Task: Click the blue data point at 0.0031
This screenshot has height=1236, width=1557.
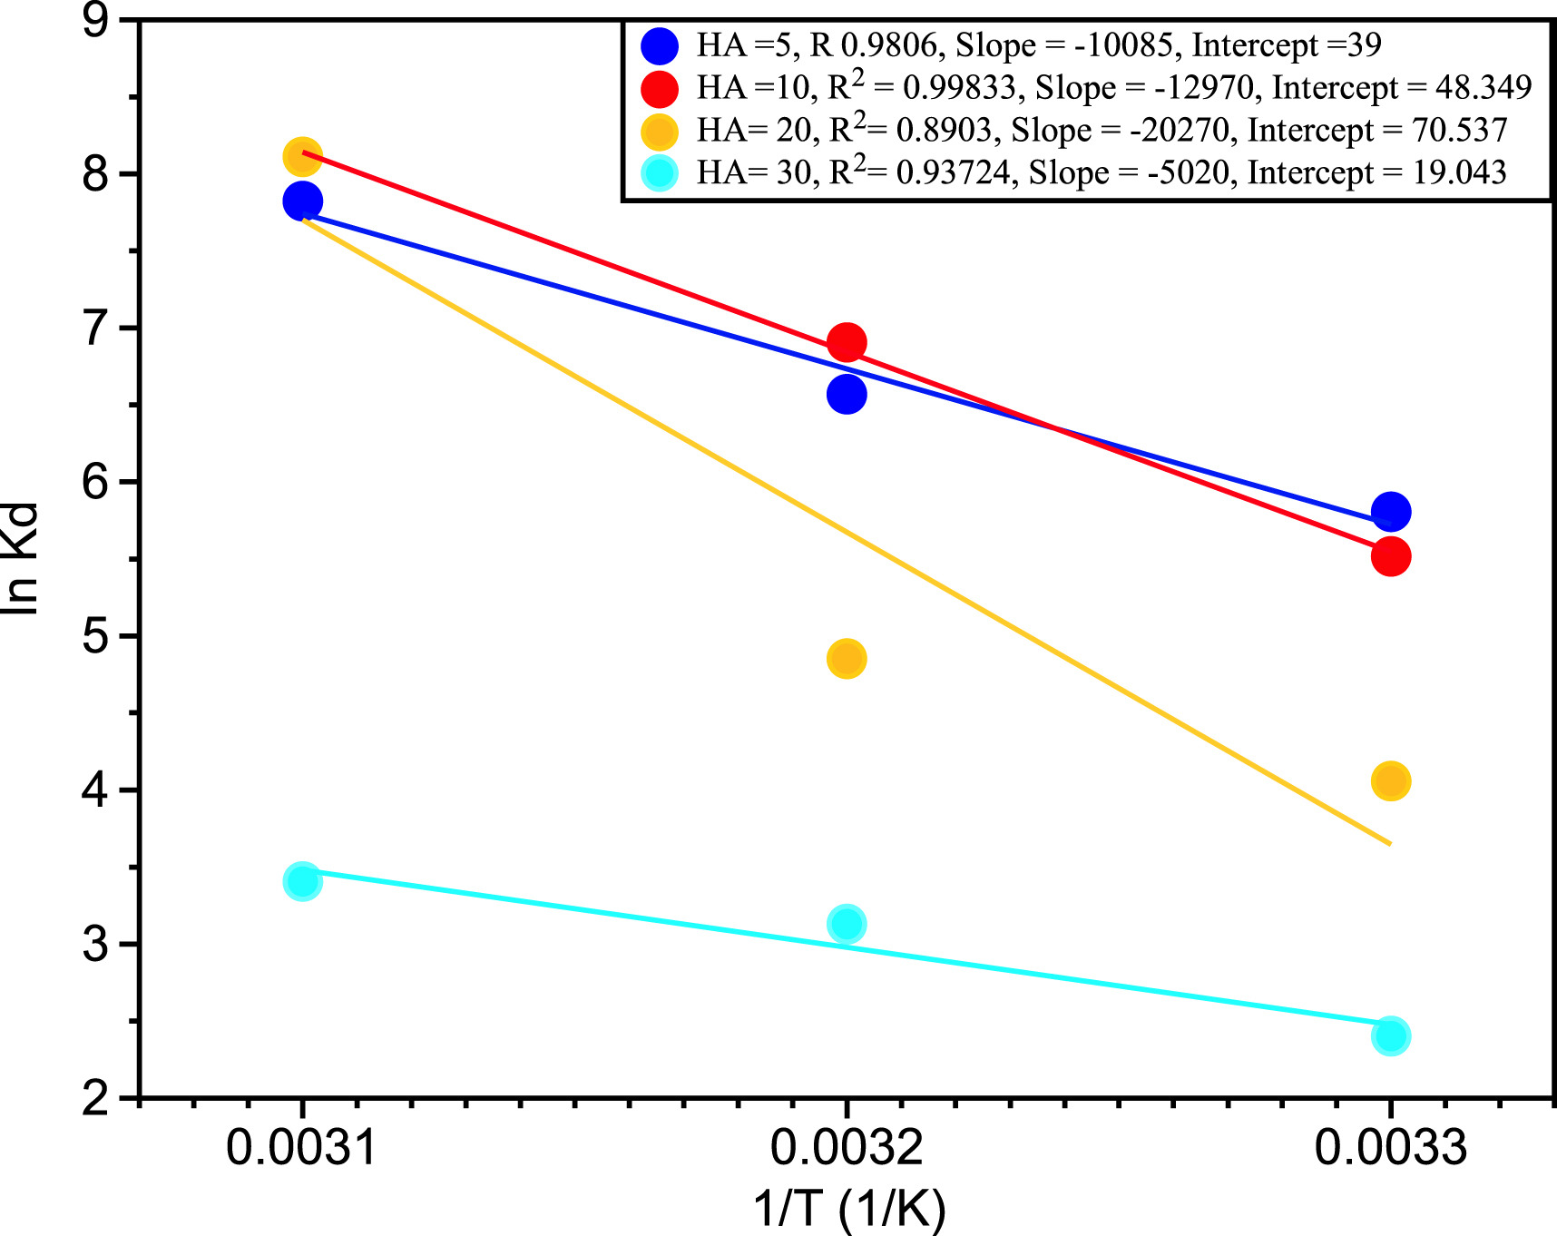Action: tap(302, 201)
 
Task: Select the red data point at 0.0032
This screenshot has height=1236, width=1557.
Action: tap(847, 343)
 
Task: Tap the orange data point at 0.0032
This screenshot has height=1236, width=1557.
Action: tap(847, 658)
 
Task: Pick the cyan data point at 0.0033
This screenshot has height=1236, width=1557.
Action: tap(1390, 1035)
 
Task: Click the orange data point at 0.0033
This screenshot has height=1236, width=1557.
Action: tap(1390, 780)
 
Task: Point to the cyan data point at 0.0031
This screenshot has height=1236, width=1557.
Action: tap(302, 880)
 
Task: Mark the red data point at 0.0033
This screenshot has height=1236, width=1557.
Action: tap(1390, 555)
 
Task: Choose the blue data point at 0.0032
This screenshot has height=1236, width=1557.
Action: tap(847, 394)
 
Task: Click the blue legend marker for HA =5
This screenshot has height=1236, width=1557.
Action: tap(660, 45)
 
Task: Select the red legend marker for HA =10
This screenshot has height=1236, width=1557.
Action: tap(660, 88)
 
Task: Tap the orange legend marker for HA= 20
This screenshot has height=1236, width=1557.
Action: tap(660, 132)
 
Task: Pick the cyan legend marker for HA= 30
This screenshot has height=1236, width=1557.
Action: tap(660, 173)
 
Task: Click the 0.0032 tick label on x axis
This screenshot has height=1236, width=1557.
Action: tap(847, 1147)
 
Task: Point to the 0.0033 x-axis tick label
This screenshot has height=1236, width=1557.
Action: tap(1390, 1147)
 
